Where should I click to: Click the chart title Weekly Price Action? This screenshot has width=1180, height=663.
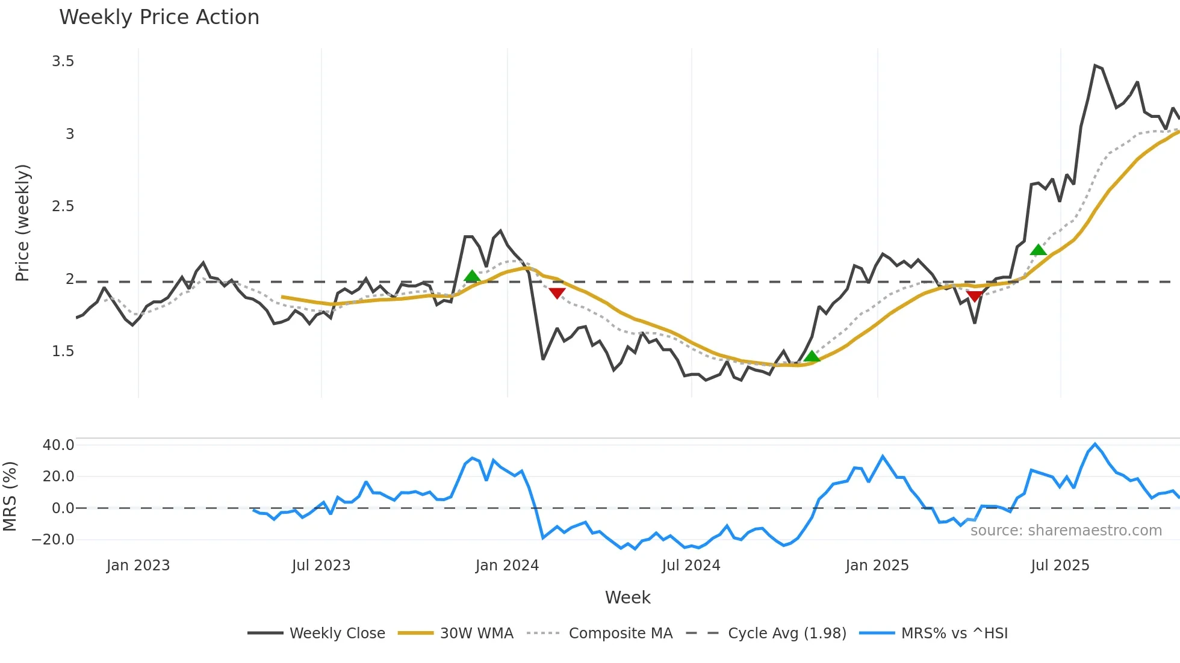(159, 17)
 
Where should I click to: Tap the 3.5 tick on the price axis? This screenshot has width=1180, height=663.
(63, 61)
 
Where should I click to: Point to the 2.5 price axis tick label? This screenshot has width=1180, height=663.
(63, 206)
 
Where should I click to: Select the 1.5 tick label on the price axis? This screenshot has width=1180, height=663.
(63, 351)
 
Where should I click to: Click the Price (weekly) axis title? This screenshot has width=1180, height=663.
(22, 223)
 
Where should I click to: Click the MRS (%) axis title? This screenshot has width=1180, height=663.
(10, 496)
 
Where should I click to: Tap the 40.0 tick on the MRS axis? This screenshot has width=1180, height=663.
(58, 445)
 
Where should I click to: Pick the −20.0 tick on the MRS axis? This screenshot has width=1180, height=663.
(53, 540)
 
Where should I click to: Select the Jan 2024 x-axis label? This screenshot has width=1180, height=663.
(507, 566)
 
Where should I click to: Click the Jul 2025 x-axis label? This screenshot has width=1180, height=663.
(1060, 566)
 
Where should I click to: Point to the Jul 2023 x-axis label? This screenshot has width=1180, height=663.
(321, 566)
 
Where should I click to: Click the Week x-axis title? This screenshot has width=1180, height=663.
(627, 597)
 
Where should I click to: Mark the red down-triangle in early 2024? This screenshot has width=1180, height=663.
(557, 293)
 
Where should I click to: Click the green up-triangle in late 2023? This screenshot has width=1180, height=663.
(472, 276)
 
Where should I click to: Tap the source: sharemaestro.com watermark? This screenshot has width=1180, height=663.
(1066, 531)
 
